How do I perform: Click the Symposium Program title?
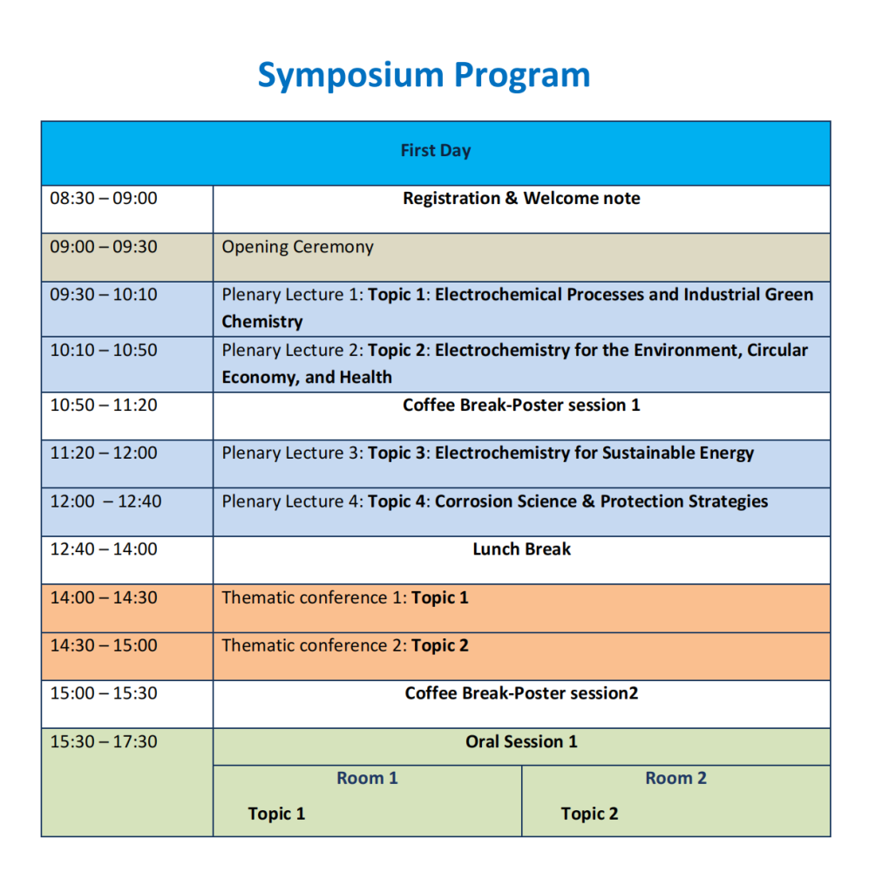tap(424, 76)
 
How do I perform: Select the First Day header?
tap(436, 150)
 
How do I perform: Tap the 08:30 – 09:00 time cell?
tap(104, 198)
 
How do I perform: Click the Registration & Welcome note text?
tap(521, 198)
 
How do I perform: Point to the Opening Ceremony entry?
tap(298, 247)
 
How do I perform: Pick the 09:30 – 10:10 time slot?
tap(104, 295)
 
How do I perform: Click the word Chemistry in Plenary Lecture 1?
tap(262, 322)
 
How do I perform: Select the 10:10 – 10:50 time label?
tap(104, 350)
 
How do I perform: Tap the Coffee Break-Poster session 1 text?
tap(521, 405)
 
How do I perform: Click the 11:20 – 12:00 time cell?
tap(104, 453)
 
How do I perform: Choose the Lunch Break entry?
tap(521, 549)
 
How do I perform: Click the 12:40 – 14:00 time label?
tap(104, 549)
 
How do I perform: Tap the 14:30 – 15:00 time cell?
tap(104, 645)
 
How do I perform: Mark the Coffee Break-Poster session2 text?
tap(521, 693)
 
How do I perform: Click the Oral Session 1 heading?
tap(521, 741)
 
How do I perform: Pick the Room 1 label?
tap(367, 778)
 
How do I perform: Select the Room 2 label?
tap(675, 778)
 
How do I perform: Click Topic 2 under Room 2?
tap(589, 814)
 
